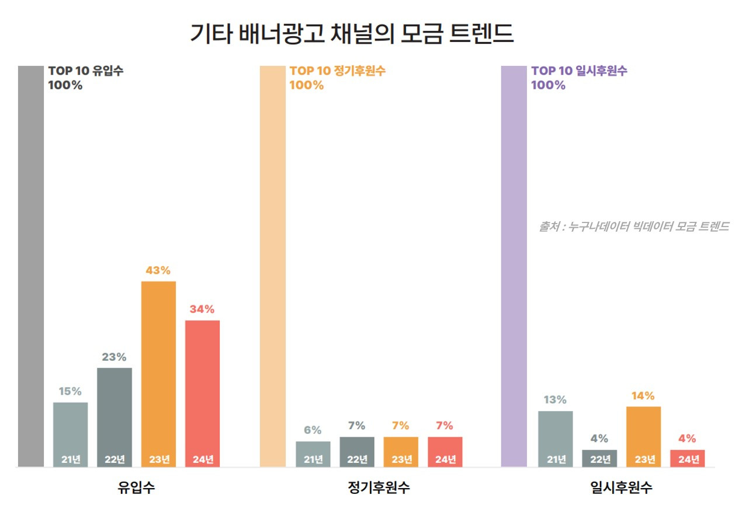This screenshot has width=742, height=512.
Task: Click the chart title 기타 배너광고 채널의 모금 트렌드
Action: tap(352, 34)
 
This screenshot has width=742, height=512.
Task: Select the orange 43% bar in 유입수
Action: tap(158, 374)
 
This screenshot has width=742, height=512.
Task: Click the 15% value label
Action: tap(70, 391)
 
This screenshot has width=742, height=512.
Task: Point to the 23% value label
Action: tap(114, 357)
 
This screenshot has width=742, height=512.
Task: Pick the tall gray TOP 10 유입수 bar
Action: tap(31, 266)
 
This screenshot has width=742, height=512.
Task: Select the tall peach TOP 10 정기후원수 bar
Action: tap(273, 266)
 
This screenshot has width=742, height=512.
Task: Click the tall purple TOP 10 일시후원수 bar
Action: tap(514, 266)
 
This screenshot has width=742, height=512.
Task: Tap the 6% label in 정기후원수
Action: tap(313, 430)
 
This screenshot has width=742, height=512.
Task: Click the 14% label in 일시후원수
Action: tap(643, 396)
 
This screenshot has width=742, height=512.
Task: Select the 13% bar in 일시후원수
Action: tap(555, 438)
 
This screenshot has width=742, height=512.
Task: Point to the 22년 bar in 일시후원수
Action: tap(599, 458)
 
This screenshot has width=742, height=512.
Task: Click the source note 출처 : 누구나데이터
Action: tap(633, 227)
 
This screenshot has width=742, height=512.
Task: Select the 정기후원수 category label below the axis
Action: tap(379, 488)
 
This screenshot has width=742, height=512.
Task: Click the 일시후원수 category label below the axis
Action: tap(621, 488)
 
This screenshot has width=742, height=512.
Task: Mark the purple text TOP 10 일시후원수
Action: tap(579, 71)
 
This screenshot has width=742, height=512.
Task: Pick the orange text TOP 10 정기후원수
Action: tap(338, 71)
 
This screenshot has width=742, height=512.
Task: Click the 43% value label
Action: tap(158, 270)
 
